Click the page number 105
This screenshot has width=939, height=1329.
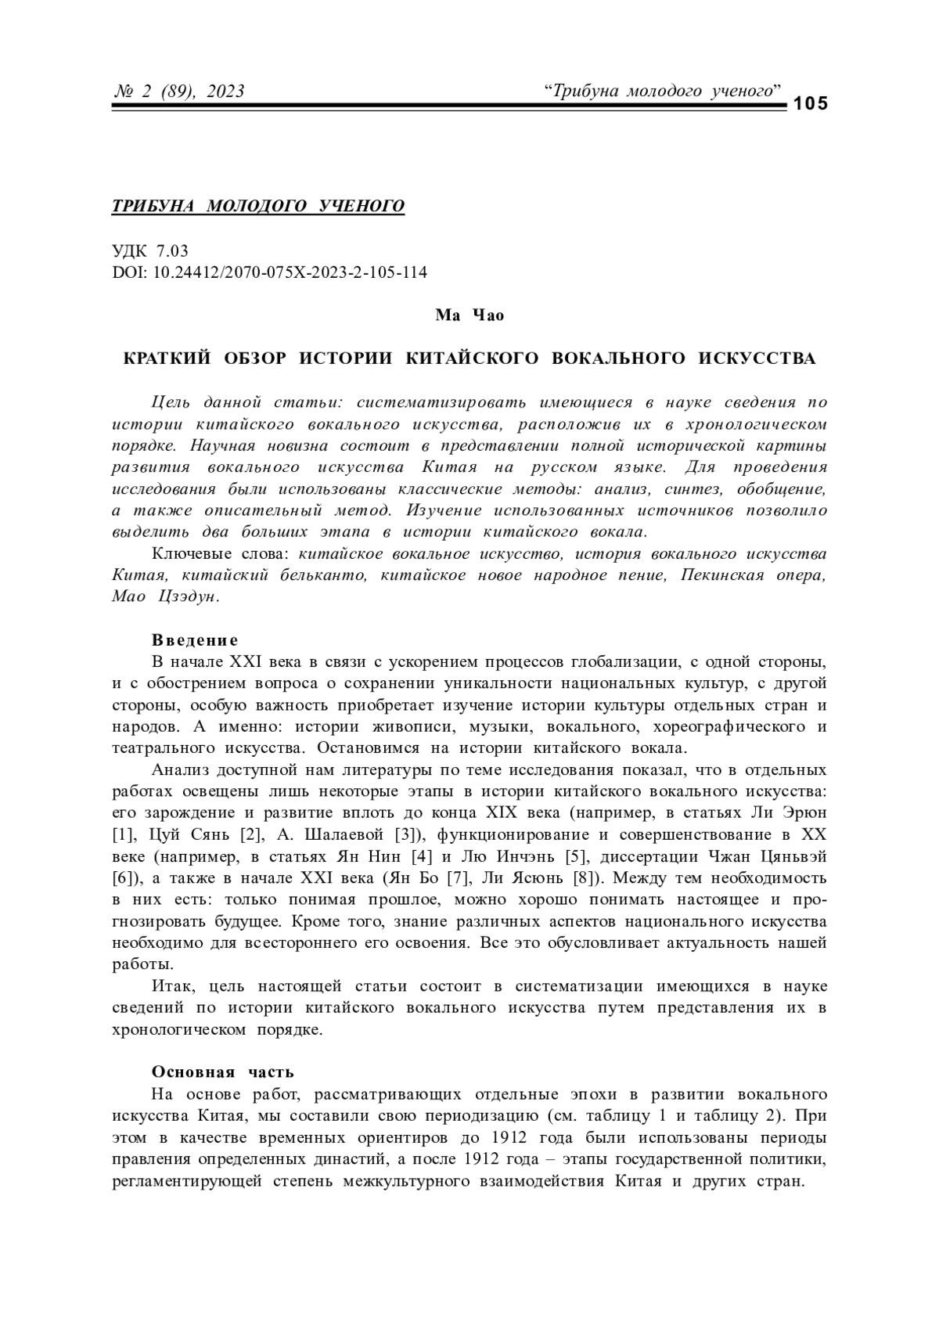(810, 103)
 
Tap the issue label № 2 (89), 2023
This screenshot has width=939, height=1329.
(179, 92)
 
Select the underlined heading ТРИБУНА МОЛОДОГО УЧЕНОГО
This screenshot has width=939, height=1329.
(258, 206)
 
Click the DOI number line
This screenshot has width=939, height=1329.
(270, 272)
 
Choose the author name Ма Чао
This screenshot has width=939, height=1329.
(469, 315)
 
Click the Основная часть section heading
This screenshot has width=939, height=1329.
(222, 1071)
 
